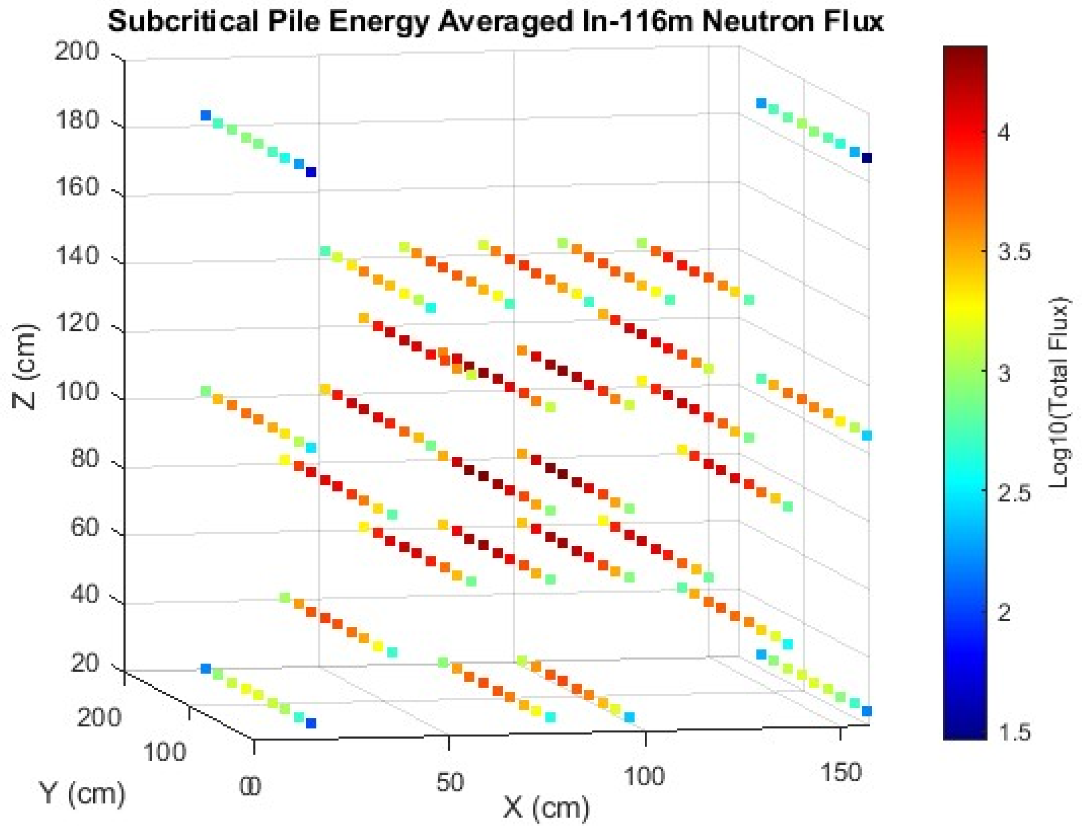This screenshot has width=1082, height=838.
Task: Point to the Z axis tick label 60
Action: [x=84, y=528]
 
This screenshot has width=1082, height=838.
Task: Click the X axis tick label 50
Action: [x=450, y=783]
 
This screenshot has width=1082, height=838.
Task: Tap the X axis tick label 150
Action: [x=841, y=772]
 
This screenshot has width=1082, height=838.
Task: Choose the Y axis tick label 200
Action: [x=99, y=717]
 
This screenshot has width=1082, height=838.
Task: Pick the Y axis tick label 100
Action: [x=165, y=752]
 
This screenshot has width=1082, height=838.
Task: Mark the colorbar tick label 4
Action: [x=1004, y=133]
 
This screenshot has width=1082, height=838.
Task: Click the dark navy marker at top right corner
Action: [x=866, y=159]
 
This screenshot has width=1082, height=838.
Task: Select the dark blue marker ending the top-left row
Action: [x=311, y=172]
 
